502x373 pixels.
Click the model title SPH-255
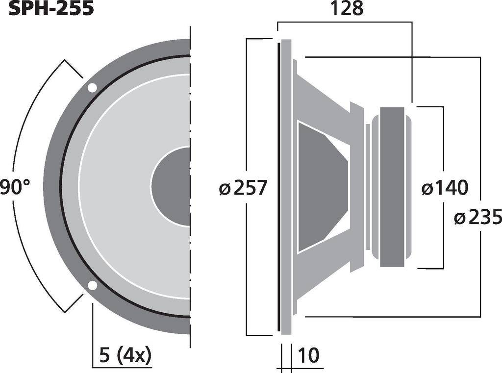[51, 8]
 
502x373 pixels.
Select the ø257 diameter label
[243, 188]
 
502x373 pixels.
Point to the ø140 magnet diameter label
[445, 187]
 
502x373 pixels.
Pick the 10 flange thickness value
[309, 355]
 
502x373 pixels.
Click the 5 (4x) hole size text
[125, 354]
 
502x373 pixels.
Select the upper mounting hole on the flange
[92, 88]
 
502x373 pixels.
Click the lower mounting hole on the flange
[92, 286]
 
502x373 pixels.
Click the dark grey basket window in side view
[321, 187]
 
